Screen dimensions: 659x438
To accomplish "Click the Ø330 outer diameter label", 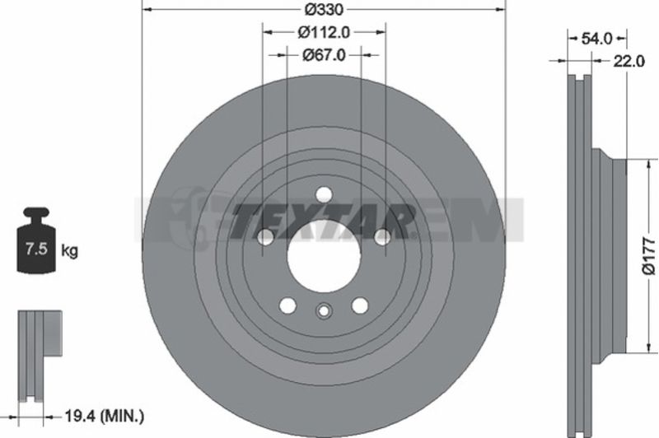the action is [323, 9].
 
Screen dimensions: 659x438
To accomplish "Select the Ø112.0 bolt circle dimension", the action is [324, 32].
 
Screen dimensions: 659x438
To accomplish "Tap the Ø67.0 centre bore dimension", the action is [324, 55].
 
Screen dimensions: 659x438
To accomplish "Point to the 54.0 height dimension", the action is [596, 39].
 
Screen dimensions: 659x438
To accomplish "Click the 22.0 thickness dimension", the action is [629, 62].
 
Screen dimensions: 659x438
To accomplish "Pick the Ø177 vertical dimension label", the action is [648, 256].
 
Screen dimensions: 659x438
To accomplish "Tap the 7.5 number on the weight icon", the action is [36, 249].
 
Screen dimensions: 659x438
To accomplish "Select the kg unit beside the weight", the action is [69, 251].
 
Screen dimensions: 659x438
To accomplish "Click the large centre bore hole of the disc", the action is [324, 256].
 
